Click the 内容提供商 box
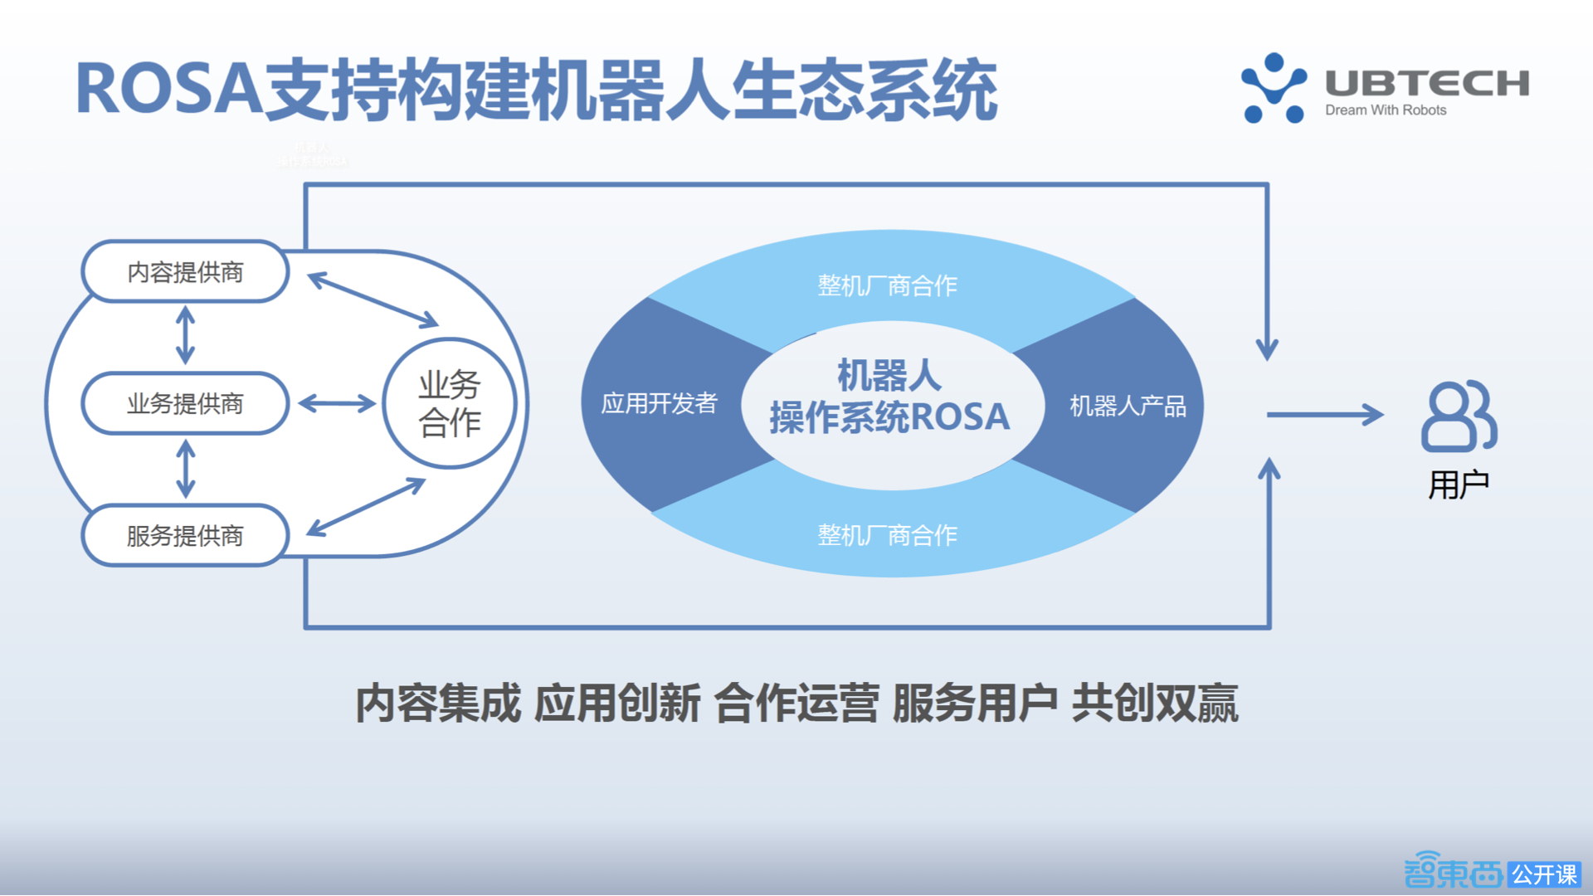185,272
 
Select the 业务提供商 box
185,404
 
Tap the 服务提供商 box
185,536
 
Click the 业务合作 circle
450,404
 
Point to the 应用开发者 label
659,404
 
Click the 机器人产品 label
1128,406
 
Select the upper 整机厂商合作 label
887,286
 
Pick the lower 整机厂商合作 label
887,535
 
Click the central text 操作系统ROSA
889,417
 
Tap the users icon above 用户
1459,416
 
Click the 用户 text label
1459,485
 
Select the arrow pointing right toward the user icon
1324,414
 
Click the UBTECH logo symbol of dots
1274,88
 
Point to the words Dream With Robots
1386,110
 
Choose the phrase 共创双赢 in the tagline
1155,704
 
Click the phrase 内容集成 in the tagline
438,704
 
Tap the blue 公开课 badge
1544,874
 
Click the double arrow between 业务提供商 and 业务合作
337,404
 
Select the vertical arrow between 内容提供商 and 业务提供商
185,335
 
